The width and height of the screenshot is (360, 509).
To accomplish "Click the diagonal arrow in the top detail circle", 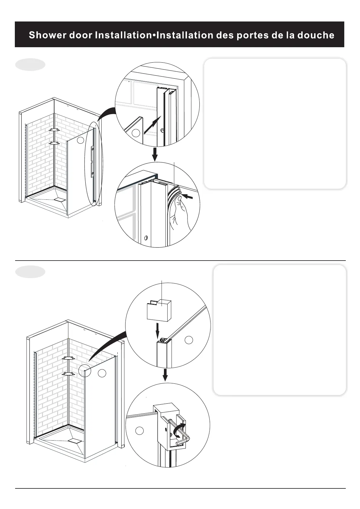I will point(151,126).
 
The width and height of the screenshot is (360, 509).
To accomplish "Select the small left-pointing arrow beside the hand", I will point(188,197).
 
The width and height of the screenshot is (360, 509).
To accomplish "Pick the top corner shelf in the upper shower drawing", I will point(55,130).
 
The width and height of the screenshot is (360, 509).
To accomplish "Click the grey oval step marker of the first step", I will point(30,64).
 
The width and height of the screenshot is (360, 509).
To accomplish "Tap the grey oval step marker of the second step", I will point(30,272).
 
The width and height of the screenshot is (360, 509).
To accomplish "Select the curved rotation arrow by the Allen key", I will point(179,430).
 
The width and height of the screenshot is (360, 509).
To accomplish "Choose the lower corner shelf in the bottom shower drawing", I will point(69,374).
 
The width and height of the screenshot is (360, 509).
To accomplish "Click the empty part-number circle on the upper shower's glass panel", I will point(80,140).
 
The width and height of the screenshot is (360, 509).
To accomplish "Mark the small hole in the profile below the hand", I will point(146,238).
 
